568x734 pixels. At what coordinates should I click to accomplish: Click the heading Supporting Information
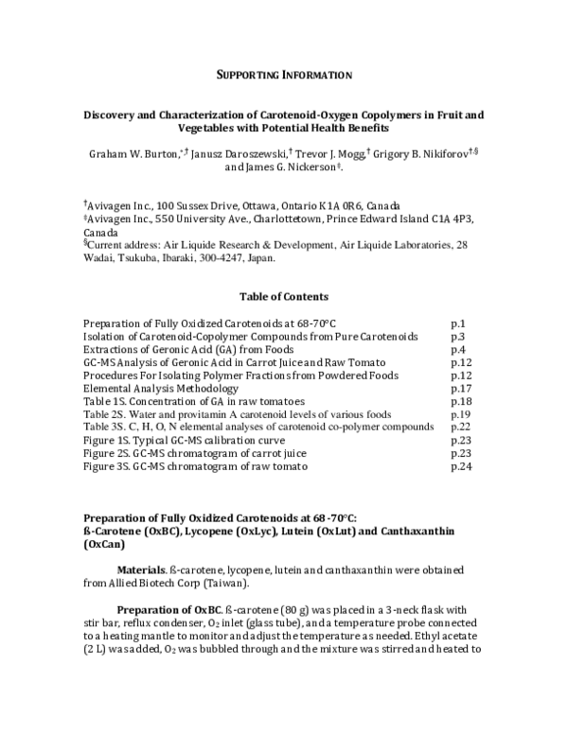pyautogui.click(x=284, y=74)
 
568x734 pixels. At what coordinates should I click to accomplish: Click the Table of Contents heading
pyautogui.click(x=284, y=296)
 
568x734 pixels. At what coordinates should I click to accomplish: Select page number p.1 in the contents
pyautogui.click(x=456, y=323)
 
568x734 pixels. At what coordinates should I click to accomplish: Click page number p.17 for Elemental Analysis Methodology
pyautogui.click(x=459, y=389)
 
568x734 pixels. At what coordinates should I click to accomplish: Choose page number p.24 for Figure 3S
pyautogui.click(x=459, y=467)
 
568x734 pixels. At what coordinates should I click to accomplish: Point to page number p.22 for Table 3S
pyautogui.click(x=459, y=428)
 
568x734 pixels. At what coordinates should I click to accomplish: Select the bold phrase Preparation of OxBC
pyautogui.click(x=152, y=610)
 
